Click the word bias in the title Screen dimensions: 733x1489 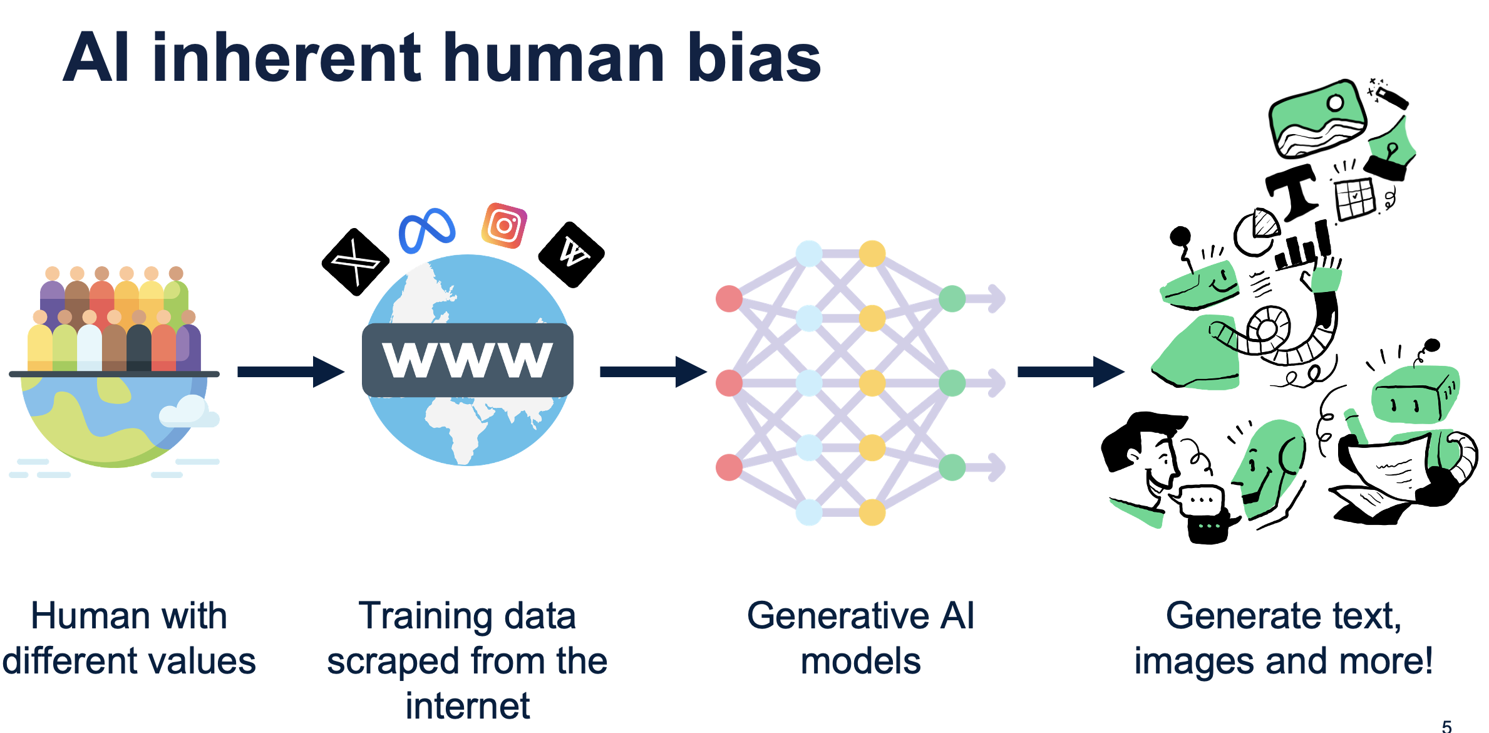coord(754,58)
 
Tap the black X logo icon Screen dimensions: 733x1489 coord(355,262)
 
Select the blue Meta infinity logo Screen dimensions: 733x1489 coord(427,229)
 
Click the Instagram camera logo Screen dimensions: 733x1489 coord(504,226)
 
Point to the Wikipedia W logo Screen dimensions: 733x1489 coord(572,254)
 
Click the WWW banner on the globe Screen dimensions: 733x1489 coord(468,360)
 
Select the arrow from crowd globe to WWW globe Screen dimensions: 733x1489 coord(291,372)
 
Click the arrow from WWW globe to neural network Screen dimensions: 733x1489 coord(652,372)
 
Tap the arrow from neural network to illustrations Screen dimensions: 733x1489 coord(1070,372)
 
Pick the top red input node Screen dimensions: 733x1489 coord(729,298)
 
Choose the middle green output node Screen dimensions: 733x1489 coord(952,383)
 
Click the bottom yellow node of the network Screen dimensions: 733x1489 coord(872,512)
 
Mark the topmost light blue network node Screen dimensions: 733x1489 coord(809,254)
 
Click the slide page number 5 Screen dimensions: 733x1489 coord(1446,726)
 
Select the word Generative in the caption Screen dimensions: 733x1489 coord(837,616)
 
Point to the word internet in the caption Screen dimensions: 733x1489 coord(467,706)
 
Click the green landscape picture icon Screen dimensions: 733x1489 coord(1317,118)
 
